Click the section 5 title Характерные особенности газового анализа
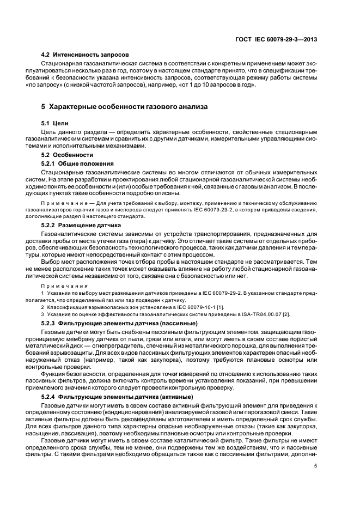point(120,107)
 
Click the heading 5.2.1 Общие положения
point(77,163)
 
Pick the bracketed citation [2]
point(294,315)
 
